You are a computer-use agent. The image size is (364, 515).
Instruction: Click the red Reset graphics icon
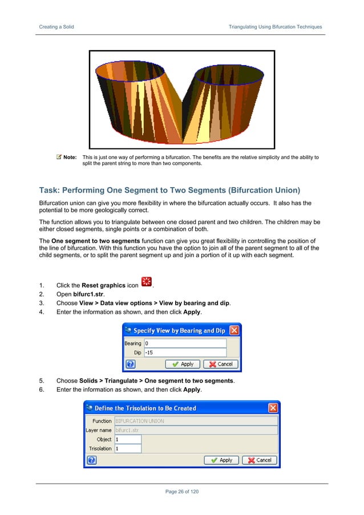click(146, 282)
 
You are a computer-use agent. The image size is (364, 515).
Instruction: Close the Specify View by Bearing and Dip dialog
click(234, 330)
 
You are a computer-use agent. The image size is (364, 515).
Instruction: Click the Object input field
click(127, 440)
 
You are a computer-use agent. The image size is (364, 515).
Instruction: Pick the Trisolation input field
click(127, 449)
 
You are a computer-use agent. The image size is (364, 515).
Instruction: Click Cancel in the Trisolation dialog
click(260, 460)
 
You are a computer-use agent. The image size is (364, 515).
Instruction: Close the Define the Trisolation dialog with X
click(273, 408)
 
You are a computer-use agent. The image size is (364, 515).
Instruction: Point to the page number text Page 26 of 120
click(182, 492)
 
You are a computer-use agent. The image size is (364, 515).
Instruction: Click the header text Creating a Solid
click(56, 27)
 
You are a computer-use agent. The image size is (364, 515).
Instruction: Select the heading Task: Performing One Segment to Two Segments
click(169, 189)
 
